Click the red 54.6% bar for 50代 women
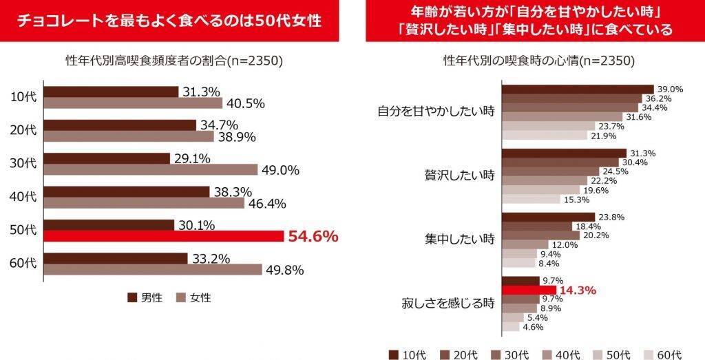[164, 236]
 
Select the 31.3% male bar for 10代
[111, 92]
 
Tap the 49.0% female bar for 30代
[151, 169]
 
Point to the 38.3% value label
[228, 192]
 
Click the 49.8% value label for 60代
[284, 270]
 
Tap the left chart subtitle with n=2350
[169, 61]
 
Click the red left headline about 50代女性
[169, 21]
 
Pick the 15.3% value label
[576, 200]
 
